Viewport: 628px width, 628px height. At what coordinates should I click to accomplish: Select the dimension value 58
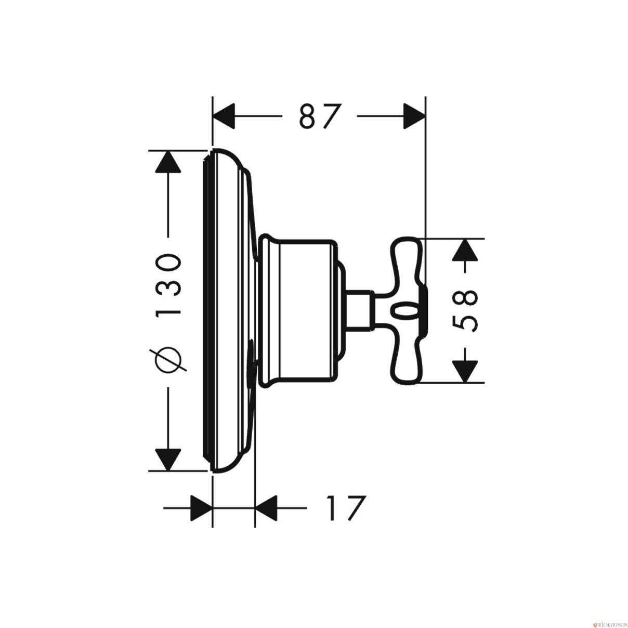pos(465,311)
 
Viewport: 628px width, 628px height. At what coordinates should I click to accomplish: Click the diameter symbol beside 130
pos(168,359)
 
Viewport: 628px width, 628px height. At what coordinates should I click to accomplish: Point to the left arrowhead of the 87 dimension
pos(224,116)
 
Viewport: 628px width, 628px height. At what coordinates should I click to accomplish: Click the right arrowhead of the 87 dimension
pos(414,116)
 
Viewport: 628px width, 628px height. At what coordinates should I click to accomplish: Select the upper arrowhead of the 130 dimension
pos(168,162)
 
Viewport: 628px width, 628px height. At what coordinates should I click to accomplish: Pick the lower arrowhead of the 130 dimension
pos(168,460)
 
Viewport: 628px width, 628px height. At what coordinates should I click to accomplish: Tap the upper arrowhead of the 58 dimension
pos(465,250)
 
